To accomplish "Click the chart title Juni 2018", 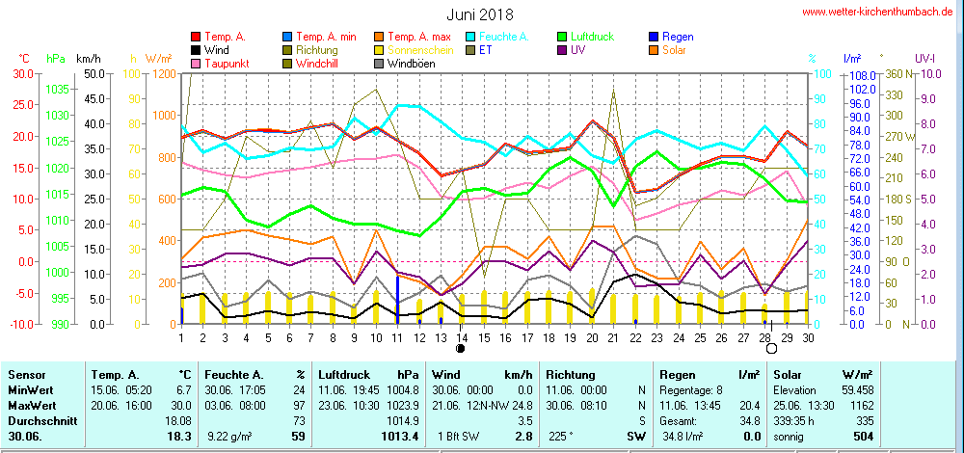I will pyautogui.click(x=480, y=15).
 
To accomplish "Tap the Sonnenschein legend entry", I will pyautogui.click(x=413, y=50).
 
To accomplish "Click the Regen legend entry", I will pyautogui.click(x=678, y=37).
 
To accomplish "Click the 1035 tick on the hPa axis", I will pyautogui.click(x=58, y=89).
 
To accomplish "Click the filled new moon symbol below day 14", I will pyautogui.click(x=461, y=349).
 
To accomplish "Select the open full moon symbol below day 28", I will pyautogui.click(x=771, y=349).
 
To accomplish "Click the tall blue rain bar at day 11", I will pyautogui.click(x=397, y=300).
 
